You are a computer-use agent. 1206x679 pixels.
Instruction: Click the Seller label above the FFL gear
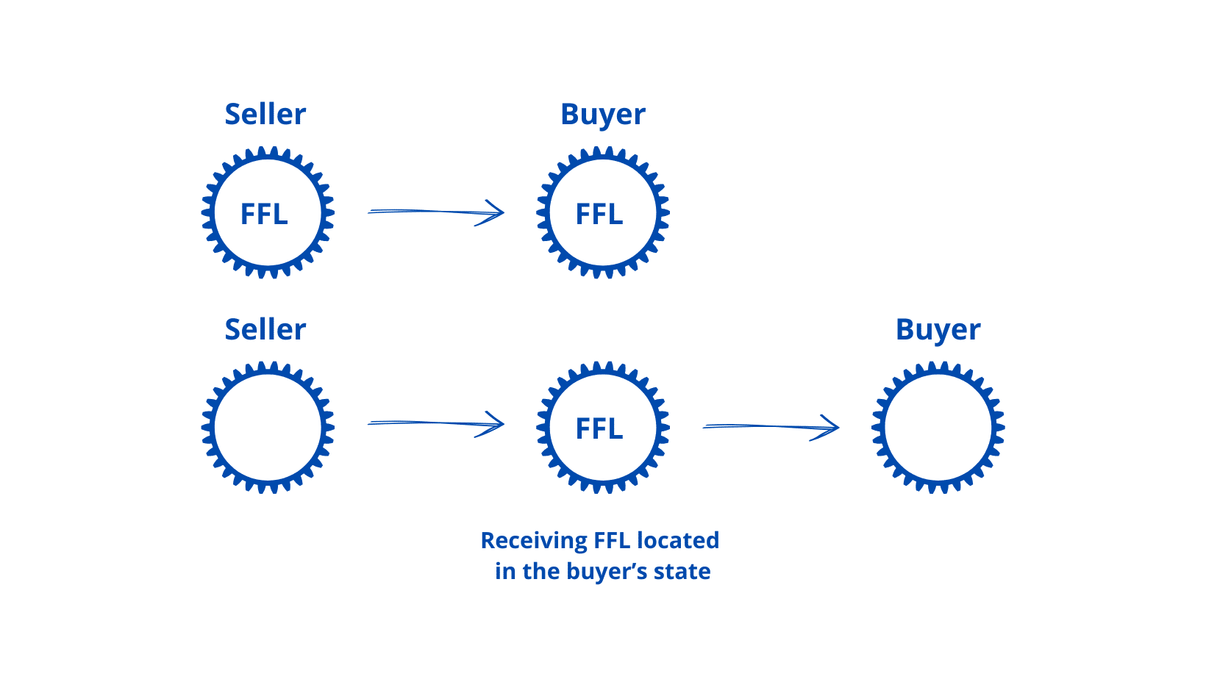click(265, 115)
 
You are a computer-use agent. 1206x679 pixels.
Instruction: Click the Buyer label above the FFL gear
click(603, 115)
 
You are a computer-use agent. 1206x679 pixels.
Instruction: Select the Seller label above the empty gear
click(265, 330)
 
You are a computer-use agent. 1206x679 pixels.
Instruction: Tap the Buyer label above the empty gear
click(938, 330)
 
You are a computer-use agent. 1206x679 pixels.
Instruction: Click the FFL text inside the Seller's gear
click(264, 215)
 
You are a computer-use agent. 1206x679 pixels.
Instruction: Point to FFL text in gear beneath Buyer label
click(599, 215)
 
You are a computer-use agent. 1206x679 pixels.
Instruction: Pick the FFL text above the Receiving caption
click(599, 429)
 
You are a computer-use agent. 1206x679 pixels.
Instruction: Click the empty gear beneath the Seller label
click(268, 427)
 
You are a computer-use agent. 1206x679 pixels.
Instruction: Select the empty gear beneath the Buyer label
click(938, 427)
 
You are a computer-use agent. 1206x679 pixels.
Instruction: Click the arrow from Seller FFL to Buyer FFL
click(435, 212)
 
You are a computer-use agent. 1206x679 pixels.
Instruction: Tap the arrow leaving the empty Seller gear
click(435, 424)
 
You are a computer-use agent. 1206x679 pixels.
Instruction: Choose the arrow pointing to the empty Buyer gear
click(771, 427)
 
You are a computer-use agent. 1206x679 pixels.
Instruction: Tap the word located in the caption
click(678, 541)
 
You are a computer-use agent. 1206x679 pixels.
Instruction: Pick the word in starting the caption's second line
click(505, 572)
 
